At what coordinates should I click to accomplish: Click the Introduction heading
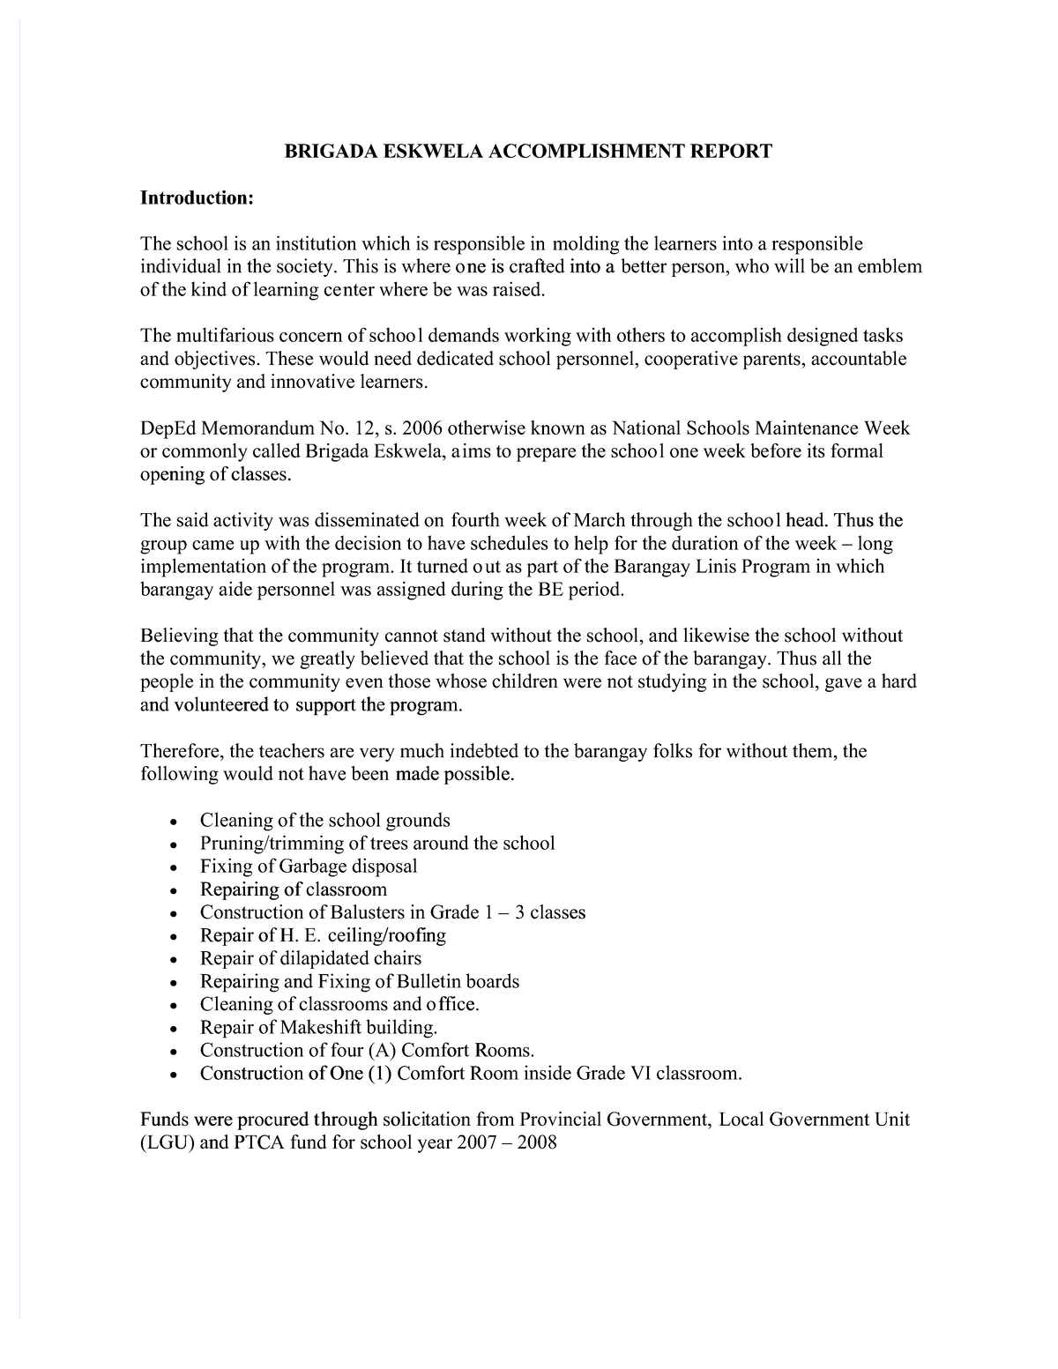point(197,198)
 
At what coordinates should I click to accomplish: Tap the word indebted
point(488,751)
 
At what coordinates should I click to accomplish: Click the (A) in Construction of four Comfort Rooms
point(383,1050)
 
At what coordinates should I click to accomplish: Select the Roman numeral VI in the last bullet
point(639,1073)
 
